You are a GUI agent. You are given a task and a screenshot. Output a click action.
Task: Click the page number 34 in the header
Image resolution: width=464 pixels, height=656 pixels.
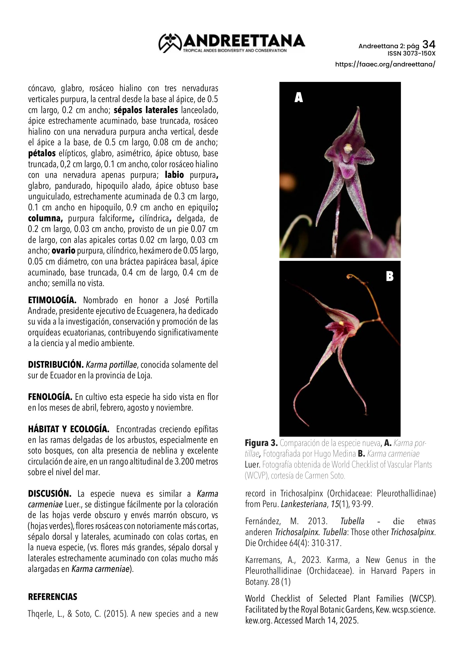429,45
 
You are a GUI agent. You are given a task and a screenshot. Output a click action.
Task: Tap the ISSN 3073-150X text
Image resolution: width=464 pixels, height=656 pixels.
411,54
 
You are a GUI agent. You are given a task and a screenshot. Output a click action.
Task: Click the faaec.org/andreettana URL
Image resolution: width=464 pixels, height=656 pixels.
385,64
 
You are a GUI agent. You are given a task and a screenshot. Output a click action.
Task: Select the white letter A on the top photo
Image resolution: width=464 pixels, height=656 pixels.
298,98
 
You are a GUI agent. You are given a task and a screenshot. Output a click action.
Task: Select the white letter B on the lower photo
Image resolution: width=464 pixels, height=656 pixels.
389,276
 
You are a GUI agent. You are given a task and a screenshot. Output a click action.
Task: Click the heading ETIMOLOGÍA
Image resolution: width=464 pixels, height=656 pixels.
52,300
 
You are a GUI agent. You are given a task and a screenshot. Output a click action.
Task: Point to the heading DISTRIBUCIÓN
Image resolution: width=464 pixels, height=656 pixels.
56,365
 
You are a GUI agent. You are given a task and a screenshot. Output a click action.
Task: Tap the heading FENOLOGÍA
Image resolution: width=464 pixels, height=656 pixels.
50,397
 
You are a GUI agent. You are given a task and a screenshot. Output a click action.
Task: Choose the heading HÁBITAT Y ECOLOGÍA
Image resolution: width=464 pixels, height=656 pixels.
68,429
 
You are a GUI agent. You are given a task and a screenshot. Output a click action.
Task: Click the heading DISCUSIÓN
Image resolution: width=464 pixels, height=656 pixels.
50,494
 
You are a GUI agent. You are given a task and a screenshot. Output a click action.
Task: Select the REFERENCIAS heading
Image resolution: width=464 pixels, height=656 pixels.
52,597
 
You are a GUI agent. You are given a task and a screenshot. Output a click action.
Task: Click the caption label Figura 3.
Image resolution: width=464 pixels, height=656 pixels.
261,443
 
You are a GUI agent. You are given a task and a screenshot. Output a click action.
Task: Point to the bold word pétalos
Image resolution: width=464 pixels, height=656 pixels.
42,153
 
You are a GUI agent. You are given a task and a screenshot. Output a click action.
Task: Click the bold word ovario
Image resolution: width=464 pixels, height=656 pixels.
63,250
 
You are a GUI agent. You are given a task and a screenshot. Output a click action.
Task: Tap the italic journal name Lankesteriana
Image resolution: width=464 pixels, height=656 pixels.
303,504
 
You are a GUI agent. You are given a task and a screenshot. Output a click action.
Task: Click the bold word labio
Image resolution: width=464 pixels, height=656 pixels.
174,175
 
